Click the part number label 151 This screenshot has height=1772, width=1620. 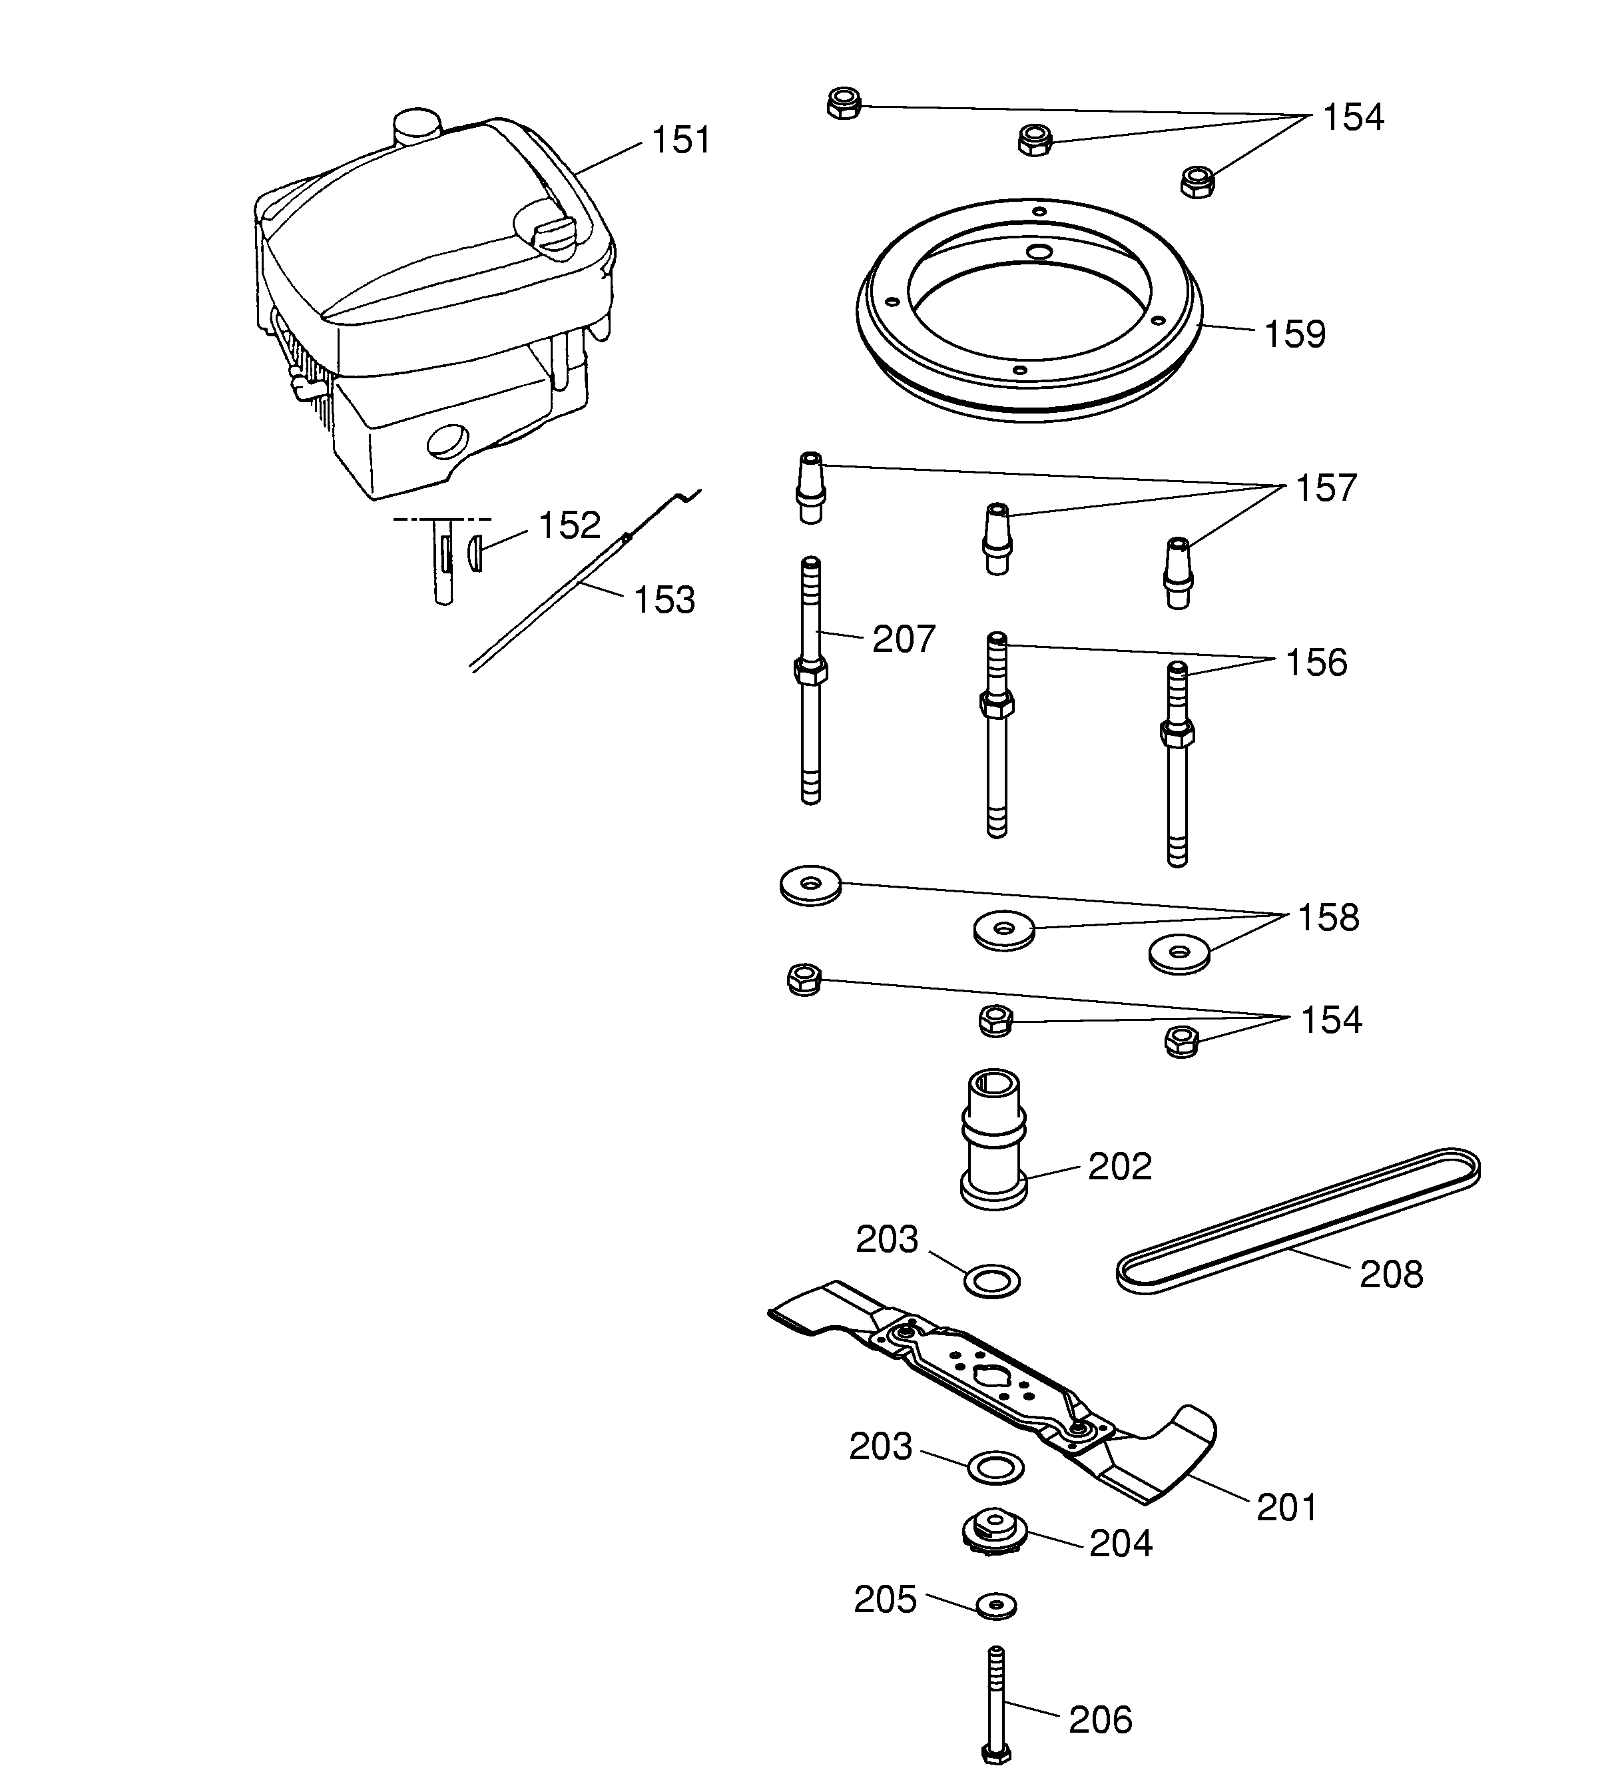pyautogui.click(x=680, y=141)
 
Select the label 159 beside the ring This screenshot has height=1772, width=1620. pyautogui.click(x=1294, y=335)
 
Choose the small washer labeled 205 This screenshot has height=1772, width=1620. pyautogui.click(x=996, y=1605)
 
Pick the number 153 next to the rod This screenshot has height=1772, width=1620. pyautogui.click(x=664, y=601)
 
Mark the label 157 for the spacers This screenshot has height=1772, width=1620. pyautogui.click(x=1326, y=489)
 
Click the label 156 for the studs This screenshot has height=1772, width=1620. pyautogui.click(x=1315, y=663)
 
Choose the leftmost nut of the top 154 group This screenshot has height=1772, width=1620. pyautogui.click(x=844, y=104)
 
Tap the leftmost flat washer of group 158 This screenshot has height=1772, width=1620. pyautogui.click(x=810, y=885)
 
